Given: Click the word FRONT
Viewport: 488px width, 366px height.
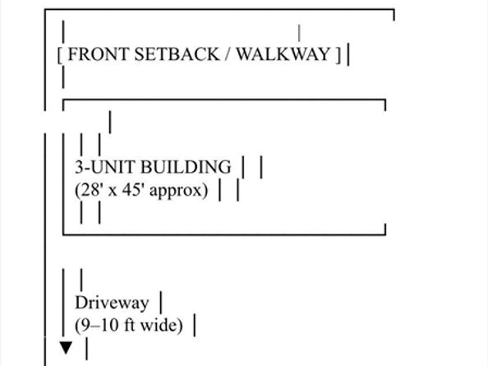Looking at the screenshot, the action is (x=99, y=54).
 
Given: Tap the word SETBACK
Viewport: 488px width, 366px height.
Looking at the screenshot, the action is (x=177, y=54).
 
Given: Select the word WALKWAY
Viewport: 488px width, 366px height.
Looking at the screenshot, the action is (x=283, y=54).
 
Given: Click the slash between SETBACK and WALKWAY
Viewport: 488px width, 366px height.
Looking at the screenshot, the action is (x=228, y=54).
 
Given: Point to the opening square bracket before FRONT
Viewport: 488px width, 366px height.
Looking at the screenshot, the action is (x=60, y=55).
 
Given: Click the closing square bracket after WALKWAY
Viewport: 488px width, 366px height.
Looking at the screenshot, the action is (x=338, y=55).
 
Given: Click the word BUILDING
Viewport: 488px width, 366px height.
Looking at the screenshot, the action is (x=186, y=167).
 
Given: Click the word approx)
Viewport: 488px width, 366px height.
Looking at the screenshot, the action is (x=178, y=191).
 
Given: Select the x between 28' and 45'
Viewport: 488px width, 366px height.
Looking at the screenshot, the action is (x=113, y=192).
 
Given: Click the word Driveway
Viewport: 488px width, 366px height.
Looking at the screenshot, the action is (x=112, y=303).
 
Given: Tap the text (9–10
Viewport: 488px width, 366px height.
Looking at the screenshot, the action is (x=97, y=326).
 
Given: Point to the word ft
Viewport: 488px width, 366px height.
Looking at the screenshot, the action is (x=130, y=325).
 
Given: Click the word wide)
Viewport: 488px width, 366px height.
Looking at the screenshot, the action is (x=162, y=326).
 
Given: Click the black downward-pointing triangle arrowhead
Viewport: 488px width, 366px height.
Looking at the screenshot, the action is (x=66, y=348).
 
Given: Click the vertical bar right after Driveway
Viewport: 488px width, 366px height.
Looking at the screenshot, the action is (x=161, y=302).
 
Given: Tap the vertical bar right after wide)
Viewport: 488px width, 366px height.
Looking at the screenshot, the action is (x=195, y=325).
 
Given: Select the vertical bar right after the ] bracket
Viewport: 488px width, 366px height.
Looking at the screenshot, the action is (x=348, y=54).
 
